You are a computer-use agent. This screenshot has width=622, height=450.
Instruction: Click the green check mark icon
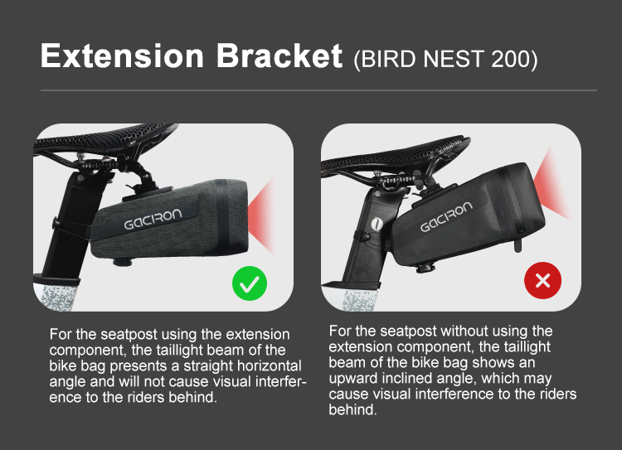pos(250,283)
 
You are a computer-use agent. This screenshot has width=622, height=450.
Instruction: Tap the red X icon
pos(542,281)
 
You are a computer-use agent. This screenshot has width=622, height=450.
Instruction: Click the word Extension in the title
pos(122,56)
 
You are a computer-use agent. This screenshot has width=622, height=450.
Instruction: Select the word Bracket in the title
pos(279,56)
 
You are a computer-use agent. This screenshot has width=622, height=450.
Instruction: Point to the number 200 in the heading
pos(511,59)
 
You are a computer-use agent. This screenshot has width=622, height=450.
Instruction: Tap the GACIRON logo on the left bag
pos(153,220)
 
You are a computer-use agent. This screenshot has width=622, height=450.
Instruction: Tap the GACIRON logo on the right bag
pos(446,217)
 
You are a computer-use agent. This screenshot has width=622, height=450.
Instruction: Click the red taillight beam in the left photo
pos(262,215)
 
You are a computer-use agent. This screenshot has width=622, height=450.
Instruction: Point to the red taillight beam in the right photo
pos(552,184)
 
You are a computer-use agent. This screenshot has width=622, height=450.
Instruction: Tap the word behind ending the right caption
pos(352,409)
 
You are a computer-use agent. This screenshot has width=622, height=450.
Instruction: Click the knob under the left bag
pos(122,262)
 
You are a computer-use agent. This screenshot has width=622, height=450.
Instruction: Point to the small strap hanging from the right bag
pos(518,243)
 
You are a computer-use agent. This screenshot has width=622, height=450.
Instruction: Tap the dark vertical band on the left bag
pos(222,217)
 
